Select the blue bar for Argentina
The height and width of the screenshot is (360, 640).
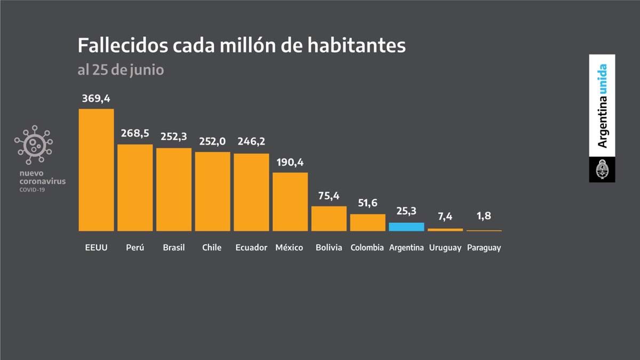tap(406, 227)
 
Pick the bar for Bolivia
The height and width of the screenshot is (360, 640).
tap(329, 218)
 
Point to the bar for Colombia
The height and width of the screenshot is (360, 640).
tap(367, 222)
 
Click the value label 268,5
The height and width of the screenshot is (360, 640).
tap(135, 134)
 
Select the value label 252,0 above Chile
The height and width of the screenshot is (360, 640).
tap(212, 142)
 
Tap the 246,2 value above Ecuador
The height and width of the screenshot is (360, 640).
tap(251, 142)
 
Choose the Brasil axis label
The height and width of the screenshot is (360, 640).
tap(174, 247)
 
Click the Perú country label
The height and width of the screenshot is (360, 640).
tap(135, 247)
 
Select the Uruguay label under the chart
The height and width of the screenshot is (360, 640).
tap(445, 248)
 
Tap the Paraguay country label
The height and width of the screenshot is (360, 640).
tap(484, 248)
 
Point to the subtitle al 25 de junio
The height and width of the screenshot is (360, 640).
tap(121, 70)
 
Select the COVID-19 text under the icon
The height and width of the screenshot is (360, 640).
tap(33, 189)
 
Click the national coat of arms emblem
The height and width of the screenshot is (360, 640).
tap(602, 170)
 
